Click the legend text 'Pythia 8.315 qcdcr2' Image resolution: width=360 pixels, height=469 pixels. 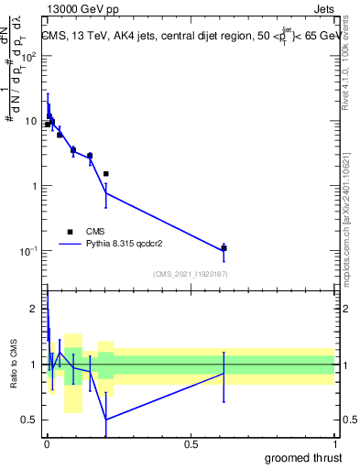click(x=132, y=245)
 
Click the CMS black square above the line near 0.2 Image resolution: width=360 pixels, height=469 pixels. click(x=106, y=173)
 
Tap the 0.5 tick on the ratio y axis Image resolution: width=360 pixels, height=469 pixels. click(x=34, y=420)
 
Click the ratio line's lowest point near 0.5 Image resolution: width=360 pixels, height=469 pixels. click(x=106, y=420)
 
